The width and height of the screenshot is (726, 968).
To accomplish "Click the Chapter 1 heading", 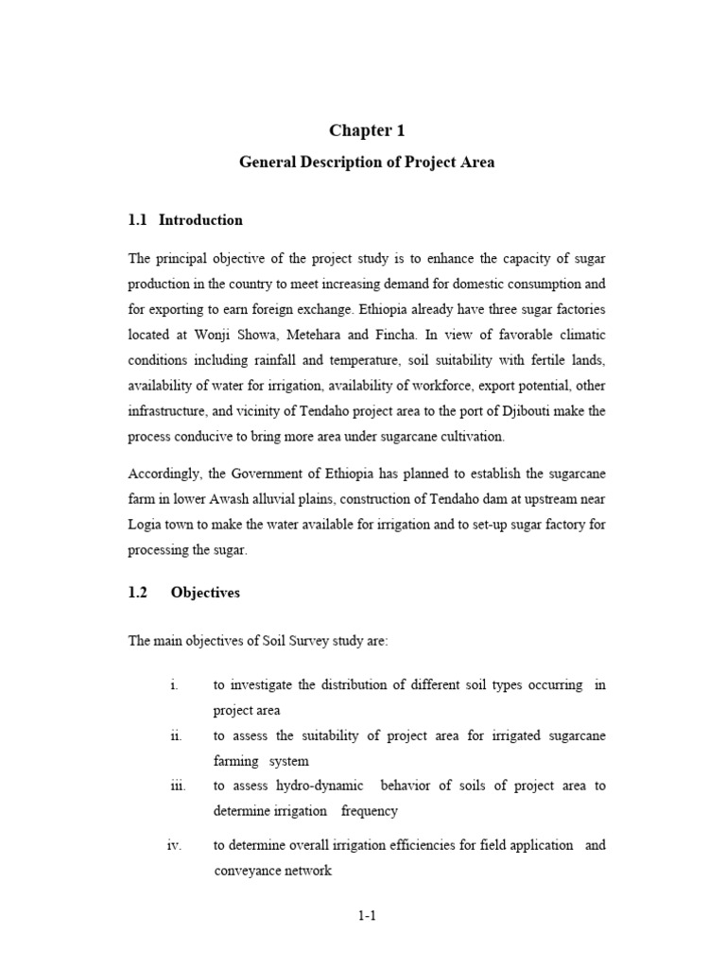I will click(366, 130).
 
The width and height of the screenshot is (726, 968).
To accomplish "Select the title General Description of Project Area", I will click(366, 163).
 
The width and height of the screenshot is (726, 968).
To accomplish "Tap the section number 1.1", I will click(138, 220).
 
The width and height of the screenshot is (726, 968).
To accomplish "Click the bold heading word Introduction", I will click(200, 220).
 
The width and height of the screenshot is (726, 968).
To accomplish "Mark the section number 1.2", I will click(138, 593).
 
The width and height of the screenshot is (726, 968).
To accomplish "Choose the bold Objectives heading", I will click(205, 593).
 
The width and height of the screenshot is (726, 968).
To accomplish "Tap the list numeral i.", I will click(174, 685).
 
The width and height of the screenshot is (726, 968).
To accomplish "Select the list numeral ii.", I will click(176, 735).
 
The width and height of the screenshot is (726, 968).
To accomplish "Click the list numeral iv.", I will click(174, 845).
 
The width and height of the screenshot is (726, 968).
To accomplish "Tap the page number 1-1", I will click(367, 915).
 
